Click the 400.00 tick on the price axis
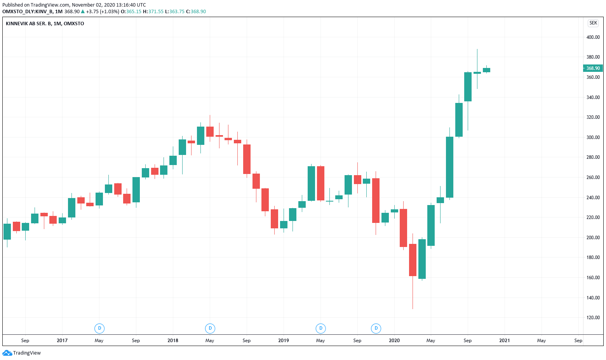point(593,37)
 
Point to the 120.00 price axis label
point(593,318)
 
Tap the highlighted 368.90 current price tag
point(593,68)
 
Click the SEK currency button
point(593,23)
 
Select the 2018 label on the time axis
point(173,341)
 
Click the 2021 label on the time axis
point(505,341)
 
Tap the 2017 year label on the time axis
point(62,341)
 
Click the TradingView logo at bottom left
point(22,353)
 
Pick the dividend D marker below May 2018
point(210,329)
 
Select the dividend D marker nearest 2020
point(376,329)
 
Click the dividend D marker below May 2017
point(99,329)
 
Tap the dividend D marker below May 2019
point(321,329)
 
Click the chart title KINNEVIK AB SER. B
point(45,24)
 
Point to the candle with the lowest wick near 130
point(413,260)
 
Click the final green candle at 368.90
point(486,70)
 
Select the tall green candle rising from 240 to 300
point(449,167)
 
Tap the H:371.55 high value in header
point(153,12)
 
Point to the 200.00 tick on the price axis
point(593,238)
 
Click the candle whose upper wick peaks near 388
point(477,73)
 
